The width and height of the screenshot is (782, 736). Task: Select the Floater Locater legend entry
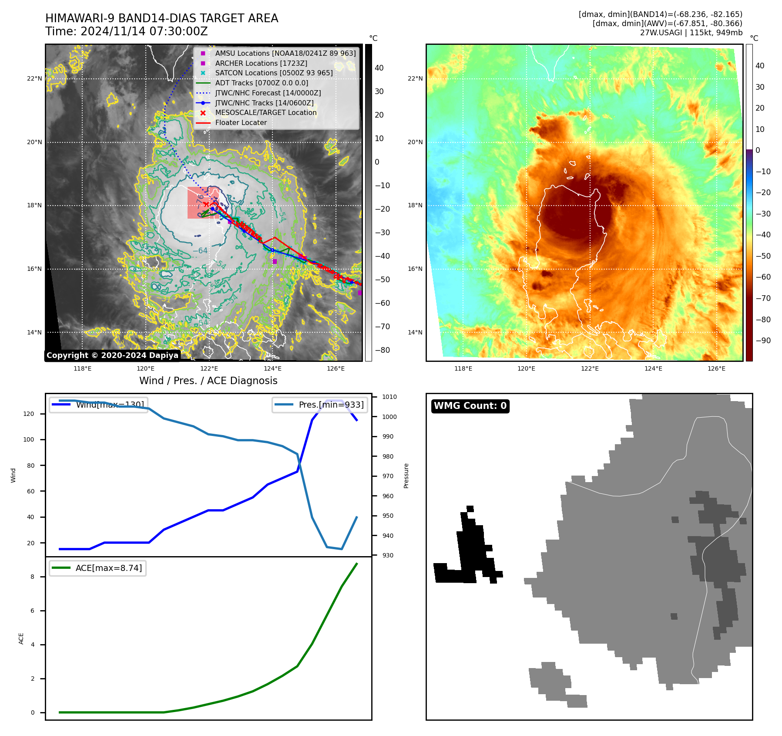[241, 122]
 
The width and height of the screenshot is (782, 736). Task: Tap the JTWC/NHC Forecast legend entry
[268, 93]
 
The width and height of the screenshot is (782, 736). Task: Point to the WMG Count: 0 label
[470, 406]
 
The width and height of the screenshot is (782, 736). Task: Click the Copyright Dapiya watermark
[112, 355]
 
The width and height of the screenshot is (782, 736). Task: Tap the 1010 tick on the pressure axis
[389, 397]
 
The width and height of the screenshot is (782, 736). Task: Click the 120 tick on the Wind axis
[28, 414]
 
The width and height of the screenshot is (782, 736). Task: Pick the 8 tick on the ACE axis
[33, 577]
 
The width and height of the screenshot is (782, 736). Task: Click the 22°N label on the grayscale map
[34, 79]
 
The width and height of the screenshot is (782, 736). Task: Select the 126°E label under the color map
[716, 368]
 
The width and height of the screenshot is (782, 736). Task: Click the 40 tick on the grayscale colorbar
[379, 68]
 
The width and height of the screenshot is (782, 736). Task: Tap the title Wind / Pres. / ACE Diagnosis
[208, 381]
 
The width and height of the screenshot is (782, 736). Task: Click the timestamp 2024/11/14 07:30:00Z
[144, 32]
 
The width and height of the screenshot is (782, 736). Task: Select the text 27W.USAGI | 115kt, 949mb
[691, 32]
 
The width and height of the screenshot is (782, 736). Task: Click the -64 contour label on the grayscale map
[200, 250]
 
